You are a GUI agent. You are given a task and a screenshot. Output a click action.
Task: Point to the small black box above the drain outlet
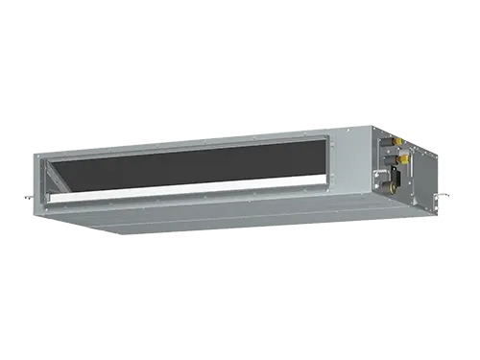396,176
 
